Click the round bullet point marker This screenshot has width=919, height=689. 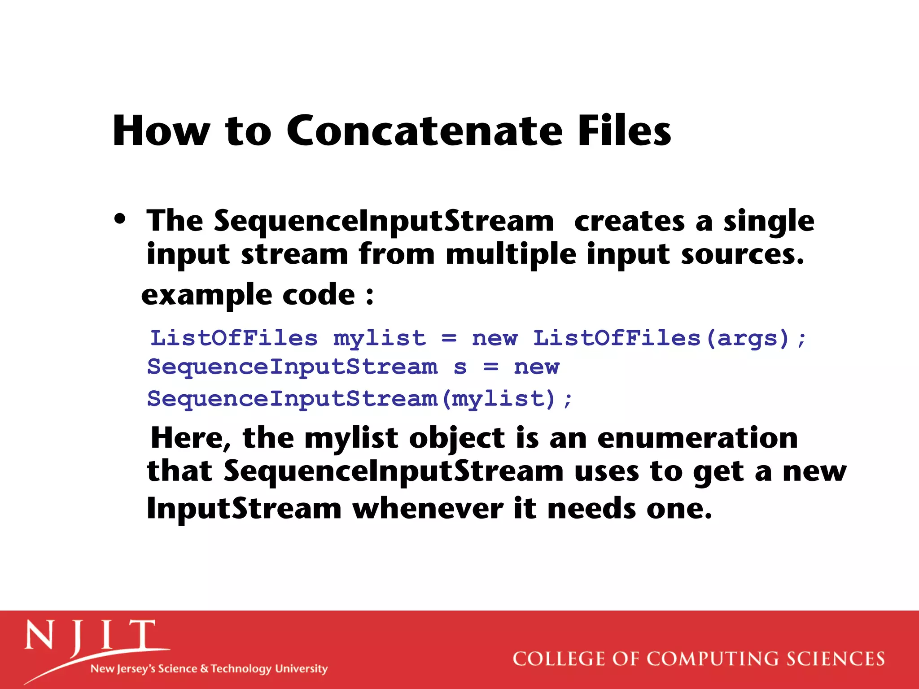pos(120,219)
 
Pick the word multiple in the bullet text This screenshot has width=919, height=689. pos(511,254)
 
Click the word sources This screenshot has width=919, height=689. pos(742,254)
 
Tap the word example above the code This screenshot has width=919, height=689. pos(206,295)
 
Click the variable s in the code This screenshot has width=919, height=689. pos(460,367)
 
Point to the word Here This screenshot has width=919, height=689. pos(191,437)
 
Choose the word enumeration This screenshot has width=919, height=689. pos(697,437)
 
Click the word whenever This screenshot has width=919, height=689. pos(428,509)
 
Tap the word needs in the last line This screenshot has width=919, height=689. pos(591,509)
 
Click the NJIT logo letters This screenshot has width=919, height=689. pos(90,636)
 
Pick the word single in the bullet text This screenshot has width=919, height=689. pos(769,221)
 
